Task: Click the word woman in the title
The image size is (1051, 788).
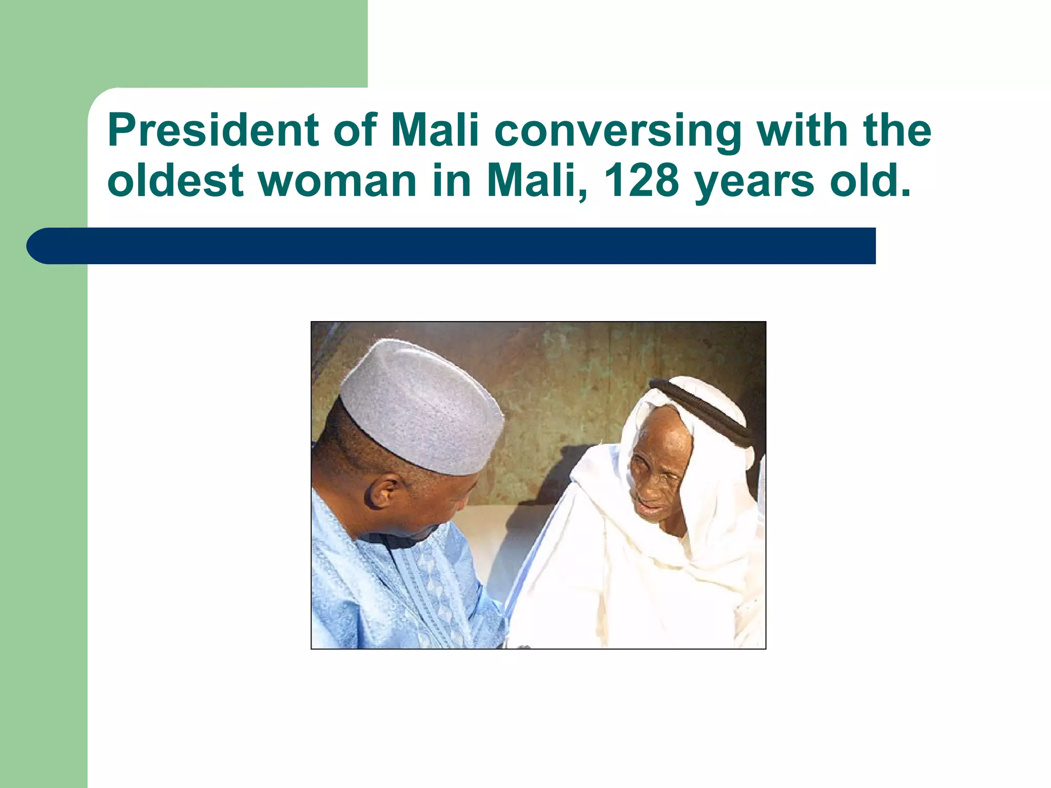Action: (x=337, y=182)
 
